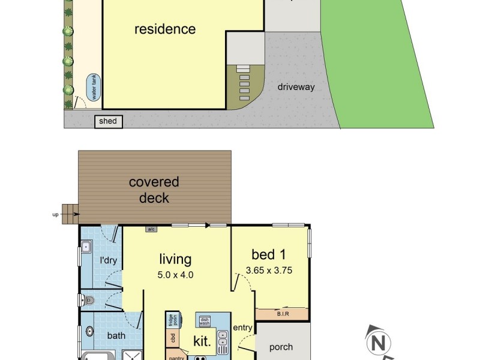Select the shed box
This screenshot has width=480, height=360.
(x=108, y=122)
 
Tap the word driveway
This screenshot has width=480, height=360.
(x=296, y=87)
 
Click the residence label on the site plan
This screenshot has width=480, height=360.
(x=164, y=29)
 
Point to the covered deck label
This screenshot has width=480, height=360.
(x=154, y=190)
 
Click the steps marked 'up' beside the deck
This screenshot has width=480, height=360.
(x=72, y=211)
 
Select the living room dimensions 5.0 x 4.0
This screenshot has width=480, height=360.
(x=175, y=275)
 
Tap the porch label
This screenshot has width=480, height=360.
(x=281, y=347)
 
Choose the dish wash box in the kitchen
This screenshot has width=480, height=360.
(x=205, y=322)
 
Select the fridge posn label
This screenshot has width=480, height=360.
(x=170, y=320)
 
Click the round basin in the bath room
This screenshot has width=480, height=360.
(x=90, y=331)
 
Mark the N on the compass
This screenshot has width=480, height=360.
(x=378, y=343)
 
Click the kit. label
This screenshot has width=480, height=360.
(x=201, y=341)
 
